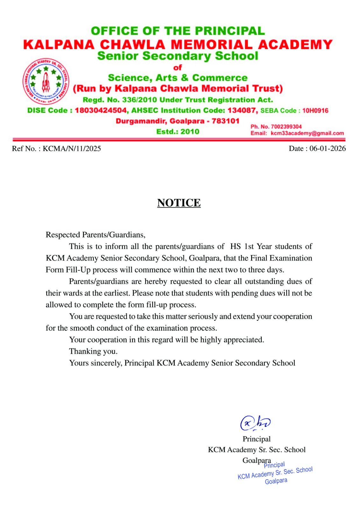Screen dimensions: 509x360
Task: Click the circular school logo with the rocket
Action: point(46,81)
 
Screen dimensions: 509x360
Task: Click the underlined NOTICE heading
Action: point(179,203)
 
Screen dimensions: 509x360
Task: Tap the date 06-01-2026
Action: point(327,149)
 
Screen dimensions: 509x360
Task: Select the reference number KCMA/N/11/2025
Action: point(72,149)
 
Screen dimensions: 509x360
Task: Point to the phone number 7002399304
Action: point(286,127)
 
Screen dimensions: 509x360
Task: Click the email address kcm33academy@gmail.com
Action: point(307,133)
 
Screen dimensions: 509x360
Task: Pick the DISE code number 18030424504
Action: point(101,110)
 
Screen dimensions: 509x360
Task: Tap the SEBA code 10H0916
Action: point(315,111)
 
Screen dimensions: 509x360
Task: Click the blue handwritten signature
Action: point(255,423)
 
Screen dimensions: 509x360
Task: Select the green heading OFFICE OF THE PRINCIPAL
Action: point(178,31)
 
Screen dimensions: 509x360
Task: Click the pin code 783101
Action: point(225,121)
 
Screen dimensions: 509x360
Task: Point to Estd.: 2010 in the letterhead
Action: point(178,132)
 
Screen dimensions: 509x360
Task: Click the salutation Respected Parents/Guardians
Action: point(95,235)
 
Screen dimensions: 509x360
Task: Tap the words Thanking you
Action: point(93,351)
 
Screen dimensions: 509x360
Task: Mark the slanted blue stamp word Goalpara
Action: point(276,481)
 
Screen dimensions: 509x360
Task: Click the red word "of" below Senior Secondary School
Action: point(178,67)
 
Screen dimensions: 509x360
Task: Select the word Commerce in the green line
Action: point(220,78)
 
